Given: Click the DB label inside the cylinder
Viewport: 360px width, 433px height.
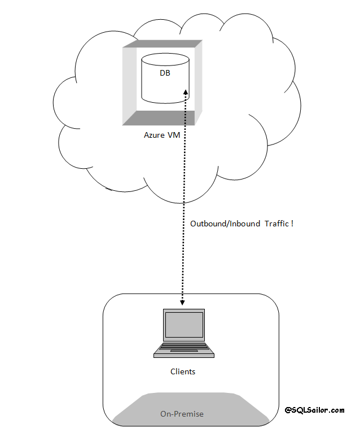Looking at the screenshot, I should [x=165, y=73].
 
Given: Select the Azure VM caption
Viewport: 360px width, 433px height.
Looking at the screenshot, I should [x=162, y=135].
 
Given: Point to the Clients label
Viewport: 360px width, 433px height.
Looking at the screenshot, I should [x=183, y=371].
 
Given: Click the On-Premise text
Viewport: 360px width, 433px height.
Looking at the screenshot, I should [x=182, y=414].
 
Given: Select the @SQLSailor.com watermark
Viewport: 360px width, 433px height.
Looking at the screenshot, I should [x=314, y=410].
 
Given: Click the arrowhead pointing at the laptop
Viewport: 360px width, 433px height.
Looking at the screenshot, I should [x=182, y=304].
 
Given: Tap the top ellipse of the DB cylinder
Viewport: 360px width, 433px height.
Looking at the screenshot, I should [x=165, y=59].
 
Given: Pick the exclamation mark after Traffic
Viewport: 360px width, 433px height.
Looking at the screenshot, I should [x=292, y=224].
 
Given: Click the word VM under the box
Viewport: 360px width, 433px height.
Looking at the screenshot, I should [x=174, y=135].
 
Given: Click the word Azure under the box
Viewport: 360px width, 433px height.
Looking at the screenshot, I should [x=155, y=135].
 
